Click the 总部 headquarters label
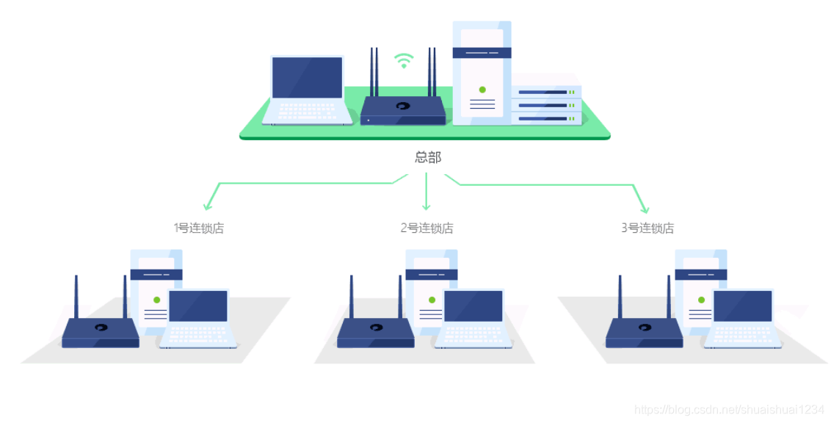point(428,157)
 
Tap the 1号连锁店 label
point(199,228)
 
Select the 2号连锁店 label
point(427,228)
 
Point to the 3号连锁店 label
point(647,228)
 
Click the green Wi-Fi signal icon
point(403,60)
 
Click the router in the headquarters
point(402,109)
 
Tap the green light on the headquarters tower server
point(482,90)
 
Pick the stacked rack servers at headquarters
point(546,105)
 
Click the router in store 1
point(101,331)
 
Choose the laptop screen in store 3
point(743,306)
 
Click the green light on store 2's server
point(432,300)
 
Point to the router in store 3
point(644,331)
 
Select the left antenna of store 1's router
point(76,297)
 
